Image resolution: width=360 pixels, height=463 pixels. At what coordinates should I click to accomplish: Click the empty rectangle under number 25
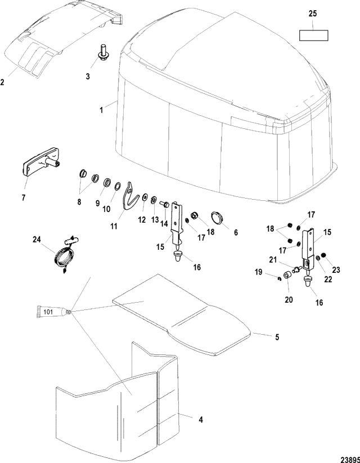[314, 35]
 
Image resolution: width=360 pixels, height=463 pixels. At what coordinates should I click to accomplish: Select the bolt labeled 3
[103, 53]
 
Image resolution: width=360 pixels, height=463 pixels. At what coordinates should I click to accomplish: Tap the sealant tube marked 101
[54, 312]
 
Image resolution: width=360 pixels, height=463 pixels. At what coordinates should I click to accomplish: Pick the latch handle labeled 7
[42, 161]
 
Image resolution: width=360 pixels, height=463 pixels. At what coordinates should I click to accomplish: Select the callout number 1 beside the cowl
[101, 110]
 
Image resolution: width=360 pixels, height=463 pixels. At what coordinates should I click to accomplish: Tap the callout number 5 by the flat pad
[277, 337]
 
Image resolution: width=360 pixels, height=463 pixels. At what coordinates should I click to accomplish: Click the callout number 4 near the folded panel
[201, 420]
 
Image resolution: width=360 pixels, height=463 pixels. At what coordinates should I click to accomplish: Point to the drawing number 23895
[350, 460]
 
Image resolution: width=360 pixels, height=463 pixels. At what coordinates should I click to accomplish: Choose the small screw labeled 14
[165, 204]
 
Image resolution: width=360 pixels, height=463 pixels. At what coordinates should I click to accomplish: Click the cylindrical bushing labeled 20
[287, 276]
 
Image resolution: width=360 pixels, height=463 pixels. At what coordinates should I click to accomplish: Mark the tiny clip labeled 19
[279, 278]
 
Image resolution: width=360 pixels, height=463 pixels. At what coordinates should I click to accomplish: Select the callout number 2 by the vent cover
[2, 82]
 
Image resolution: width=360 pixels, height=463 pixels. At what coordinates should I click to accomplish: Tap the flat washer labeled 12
[145, 197]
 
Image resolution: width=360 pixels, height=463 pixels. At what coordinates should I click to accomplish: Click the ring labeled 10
[117, 186]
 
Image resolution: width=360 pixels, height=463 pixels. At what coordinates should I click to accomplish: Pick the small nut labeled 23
[323, 255]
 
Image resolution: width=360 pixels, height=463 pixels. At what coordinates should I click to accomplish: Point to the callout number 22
[328, 279]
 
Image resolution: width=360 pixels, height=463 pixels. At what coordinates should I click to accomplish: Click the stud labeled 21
[297, 269]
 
